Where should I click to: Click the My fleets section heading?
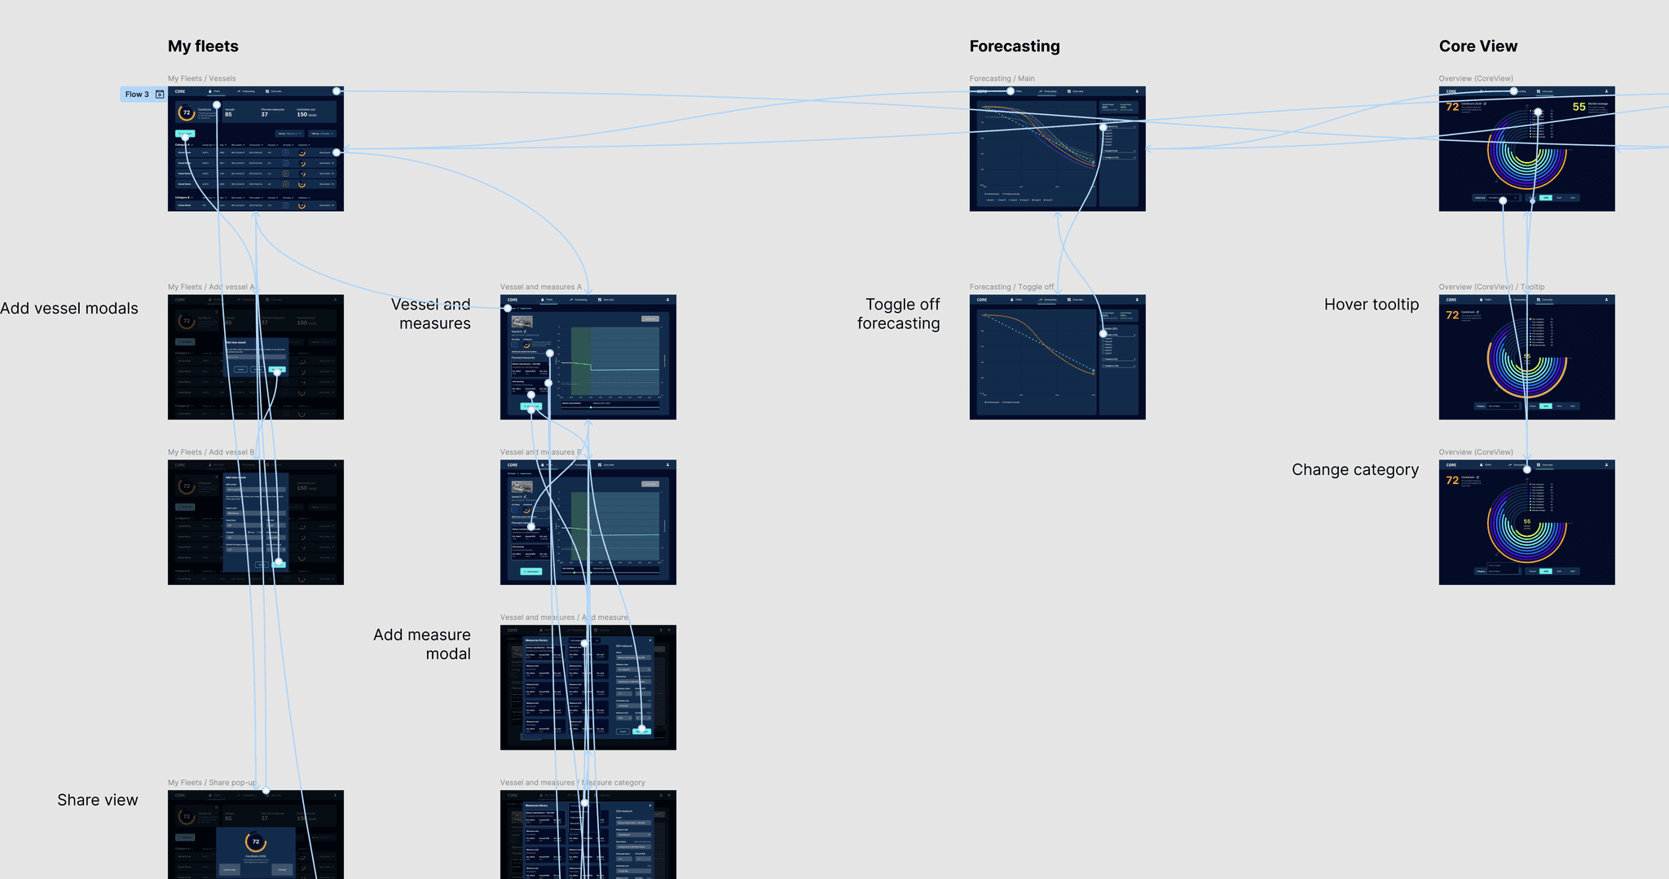click(203, 46)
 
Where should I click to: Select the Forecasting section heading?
click(1015, 46)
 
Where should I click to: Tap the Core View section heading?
click(1477, 46)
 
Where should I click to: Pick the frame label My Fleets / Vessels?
click(201, 79)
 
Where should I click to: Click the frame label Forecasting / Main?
click(1002, 79)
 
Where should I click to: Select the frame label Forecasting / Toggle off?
click(1011, 287)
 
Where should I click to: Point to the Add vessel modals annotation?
click(69, 309)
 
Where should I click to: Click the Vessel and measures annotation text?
click(431, 314)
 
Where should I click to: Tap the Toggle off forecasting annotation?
click(899, 314)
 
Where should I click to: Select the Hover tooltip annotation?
click(1371, 305)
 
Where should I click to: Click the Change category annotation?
click(1354, 470)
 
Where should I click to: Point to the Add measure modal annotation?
click(422, 644)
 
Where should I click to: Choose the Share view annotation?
click(98, 800)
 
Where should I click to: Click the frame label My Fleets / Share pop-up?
click(211, 783)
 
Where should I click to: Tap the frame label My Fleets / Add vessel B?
click(210, 452)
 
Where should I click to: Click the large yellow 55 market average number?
click(1579, 107)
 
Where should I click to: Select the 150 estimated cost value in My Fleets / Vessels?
click(302, 115)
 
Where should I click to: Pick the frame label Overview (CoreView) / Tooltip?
click(1491, 287)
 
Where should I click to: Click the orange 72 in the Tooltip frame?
click(1451, 315)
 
